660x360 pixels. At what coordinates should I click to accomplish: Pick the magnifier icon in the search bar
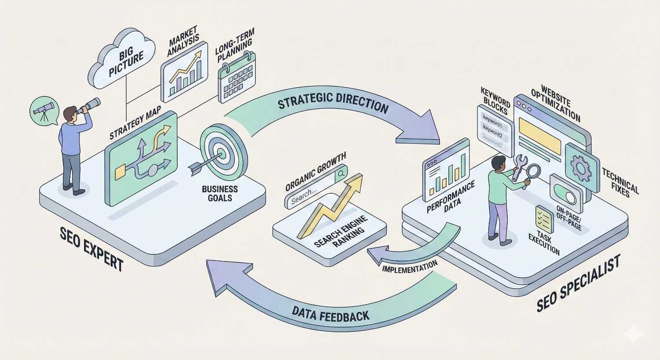coord(340,174)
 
